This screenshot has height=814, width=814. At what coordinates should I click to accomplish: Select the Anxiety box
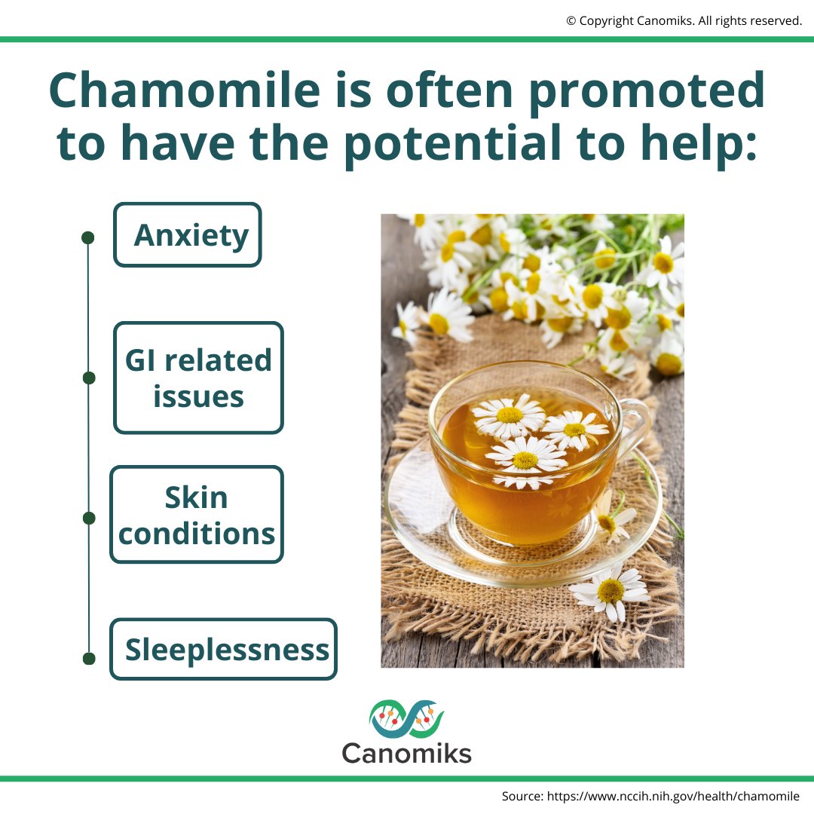pos(188,235)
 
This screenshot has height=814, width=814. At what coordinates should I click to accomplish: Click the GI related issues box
pos(198,378)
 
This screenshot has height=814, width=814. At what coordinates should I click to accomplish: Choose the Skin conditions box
pos(197,515)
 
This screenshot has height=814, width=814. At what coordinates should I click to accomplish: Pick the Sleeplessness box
pos(224,649)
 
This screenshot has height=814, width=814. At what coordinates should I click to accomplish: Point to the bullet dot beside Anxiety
pos(87,237)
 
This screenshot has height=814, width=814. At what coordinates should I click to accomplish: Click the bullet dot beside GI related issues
pos(89,378)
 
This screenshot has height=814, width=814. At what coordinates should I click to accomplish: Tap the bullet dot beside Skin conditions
pos(89,518)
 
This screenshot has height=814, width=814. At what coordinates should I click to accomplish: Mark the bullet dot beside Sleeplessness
pos(89,659)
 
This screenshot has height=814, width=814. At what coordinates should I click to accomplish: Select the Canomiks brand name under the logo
pos(406,753)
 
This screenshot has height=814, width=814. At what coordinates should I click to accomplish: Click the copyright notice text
pos(684,21)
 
